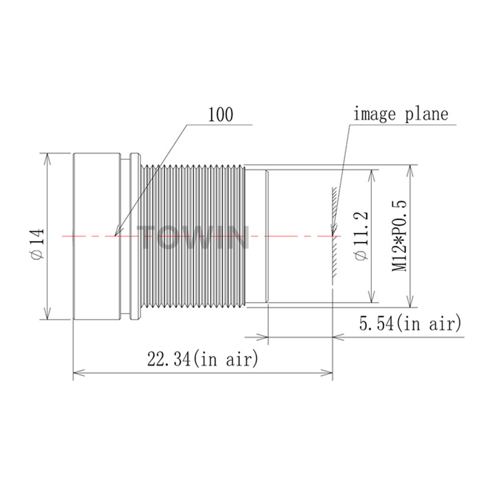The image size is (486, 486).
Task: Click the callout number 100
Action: point(221,115)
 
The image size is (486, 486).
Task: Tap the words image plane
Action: point(401,114)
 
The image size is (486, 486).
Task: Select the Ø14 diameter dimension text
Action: point(38,244)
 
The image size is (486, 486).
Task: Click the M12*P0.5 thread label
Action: point(399,236)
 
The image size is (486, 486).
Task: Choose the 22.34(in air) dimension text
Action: point(203,359)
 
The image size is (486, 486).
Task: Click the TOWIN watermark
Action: point(193,237)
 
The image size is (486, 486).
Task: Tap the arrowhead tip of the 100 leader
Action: point(115,236)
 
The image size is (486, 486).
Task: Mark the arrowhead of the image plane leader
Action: point(332,236)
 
